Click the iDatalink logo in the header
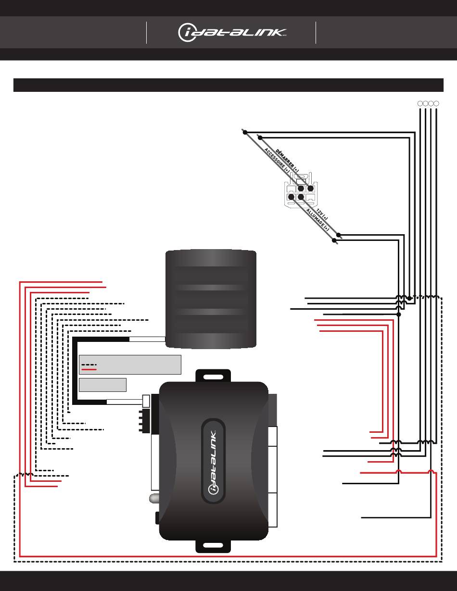click(232, 33)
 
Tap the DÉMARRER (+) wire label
click(287, 161)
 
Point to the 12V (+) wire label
click(322, 214)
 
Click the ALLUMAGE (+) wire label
click(317, 220)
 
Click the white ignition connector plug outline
click(301, 190)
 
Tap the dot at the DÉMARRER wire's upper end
click(260, 138)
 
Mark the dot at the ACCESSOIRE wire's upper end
click(245, 132)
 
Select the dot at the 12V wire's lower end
click(338, 235)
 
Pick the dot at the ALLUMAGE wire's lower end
click(334, 240)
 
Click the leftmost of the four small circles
click(420, 103)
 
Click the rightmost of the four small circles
click(436, 103)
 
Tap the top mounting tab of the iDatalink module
click(213, 376)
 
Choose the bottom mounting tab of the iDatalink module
click(213, 545)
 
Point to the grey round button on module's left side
click(154, 498)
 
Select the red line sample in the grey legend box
click(89, 370)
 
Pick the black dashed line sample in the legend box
click(89, 365)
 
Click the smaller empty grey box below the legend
click(102, 385)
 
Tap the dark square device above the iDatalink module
click(211, 299)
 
